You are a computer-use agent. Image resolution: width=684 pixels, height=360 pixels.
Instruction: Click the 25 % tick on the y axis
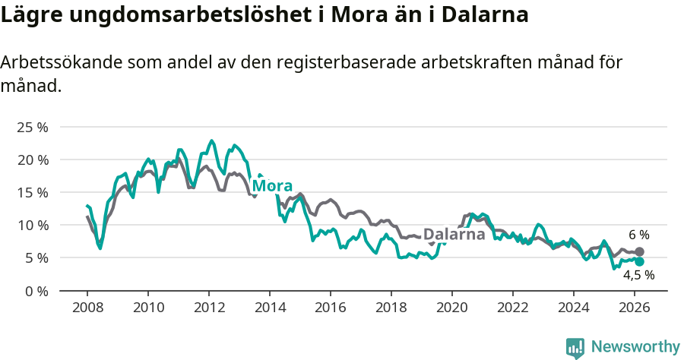point(32,127)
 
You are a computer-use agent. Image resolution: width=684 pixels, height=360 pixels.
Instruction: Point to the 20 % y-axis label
point(32,159)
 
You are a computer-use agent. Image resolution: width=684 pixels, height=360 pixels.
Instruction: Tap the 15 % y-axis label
point(32,192)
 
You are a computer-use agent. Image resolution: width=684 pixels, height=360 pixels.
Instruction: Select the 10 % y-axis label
point(32,225)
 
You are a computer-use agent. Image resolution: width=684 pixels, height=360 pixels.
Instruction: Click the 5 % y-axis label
point(36,257)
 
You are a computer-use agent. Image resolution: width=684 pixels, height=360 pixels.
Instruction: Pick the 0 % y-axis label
point(36,290)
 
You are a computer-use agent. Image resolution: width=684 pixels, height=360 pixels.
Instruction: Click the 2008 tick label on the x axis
point(87,308)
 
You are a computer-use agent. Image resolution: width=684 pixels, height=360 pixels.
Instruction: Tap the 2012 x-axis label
point(208,308)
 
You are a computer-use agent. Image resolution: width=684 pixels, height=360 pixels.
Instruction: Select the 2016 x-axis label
point(331,308)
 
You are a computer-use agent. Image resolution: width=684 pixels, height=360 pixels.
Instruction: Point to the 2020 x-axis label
point(452,308)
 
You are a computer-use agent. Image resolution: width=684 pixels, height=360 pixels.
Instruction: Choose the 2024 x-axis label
point(574,308)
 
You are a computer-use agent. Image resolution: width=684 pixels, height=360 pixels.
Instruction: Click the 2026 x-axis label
point(635,308)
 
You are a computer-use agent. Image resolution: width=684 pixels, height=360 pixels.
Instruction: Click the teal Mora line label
point(272,186)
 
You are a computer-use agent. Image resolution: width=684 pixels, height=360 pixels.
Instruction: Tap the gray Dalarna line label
point(454,235)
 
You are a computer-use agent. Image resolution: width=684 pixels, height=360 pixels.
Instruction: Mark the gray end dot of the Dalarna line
point(639,251)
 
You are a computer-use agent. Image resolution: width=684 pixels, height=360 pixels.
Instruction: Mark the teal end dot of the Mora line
point(639,261)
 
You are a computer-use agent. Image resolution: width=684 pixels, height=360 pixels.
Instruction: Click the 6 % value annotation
point(638,235)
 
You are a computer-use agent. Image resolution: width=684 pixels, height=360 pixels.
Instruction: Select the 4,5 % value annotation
point(638,276)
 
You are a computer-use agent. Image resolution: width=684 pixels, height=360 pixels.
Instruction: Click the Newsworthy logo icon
point(575,348)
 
